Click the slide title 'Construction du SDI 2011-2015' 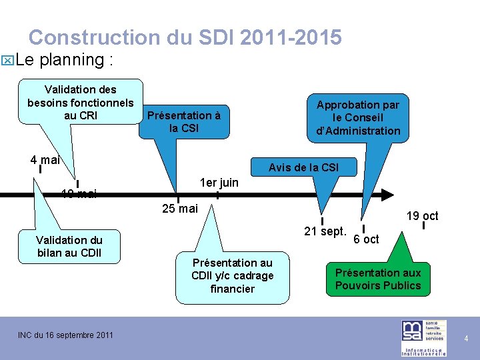(185, 37)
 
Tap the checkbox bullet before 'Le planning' (7, 61)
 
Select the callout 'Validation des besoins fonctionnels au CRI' (81, 102)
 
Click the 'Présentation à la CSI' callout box (184, 121)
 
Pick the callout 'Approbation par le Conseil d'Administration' (358, 118)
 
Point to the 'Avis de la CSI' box (303, 167)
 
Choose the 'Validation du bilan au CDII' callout (69, 246)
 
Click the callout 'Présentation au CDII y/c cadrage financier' (232, 275)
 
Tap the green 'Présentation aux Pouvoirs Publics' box (378, 279)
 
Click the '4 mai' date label (45, 160)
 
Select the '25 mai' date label (180, 209)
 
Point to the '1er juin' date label (219, 183)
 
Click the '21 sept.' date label (325, 232)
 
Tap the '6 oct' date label (366, 239)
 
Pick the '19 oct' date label (423, 215)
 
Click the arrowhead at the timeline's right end (387, 195)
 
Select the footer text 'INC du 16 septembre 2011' (65, 335)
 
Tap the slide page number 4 (466, 339)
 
